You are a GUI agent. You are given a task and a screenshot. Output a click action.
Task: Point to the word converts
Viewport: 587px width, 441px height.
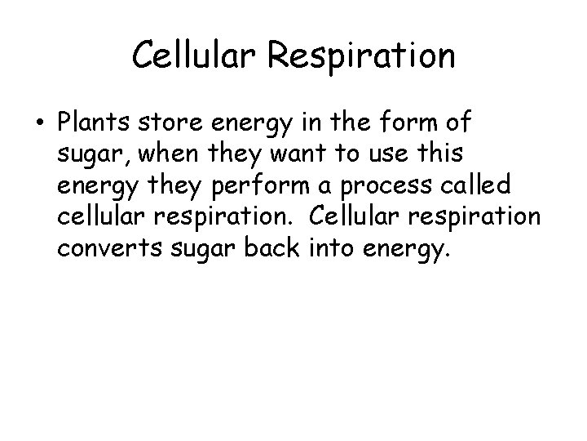(104, 248)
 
